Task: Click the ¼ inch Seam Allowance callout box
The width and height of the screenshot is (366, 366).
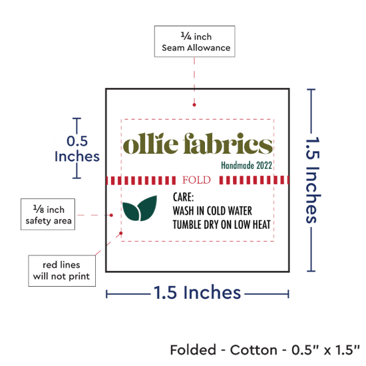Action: tap(194, 41)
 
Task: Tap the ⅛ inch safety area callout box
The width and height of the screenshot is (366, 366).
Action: tap(48, 214)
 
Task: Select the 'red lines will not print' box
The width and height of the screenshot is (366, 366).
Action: tap(62, 271)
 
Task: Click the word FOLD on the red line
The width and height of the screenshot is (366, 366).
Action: tap(196, 180)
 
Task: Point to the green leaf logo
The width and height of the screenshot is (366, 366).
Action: tap(140, 208)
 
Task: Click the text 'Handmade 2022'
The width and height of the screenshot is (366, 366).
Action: tap(246, 166)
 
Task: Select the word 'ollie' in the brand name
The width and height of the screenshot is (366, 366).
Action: tap(150, 144)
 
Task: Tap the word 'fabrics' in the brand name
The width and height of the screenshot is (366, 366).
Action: tap(228, 144)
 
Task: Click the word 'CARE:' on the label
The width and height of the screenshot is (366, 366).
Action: tap(183, 197)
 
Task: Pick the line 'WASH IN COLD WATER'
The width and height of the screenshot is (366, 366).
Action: tap(212, 211)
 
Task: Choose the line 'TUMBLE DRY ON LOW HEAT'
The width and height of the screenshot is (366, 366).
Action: tap(222, 225)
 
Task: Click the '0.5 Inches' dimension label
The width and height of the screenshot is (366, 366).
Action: tap(77, 148)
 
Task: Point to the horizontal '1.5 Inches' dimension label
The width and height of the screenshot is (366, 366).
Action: tap(197, 293)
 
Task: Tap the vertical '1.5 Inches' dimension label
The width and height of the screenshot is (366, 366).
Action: tap(313, 180)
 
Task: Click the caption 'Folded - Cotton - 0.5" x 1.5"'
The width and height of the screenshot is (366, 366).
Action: tap(265, 350)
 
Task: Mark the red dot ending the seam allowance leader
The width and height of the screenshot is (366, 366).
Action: tap(194, 104)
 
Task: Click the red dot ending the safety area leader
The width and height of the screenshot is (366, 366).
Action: tap(111, 215)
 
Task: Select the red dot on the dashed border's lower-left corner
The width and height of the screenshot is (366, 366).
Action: tap(121, 233)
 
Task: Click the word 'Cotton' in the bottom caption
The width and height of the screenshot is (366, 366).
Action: tap(254, 350)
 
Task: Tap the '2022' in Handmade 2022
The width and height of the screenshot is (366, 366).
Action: tap(264, 166)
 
